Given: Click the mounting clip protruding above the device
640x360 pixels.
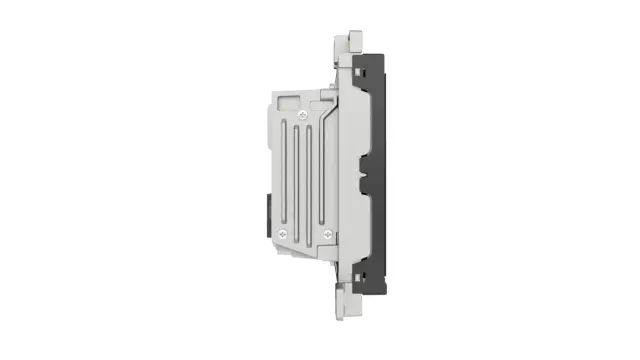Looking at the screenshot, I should pos(347,42).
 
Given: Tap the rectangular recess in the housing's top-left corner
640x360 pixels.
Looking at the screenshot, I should pos(286,101).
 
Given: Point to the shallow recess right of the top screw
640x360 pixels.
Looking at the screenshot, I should pos(325,102).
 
